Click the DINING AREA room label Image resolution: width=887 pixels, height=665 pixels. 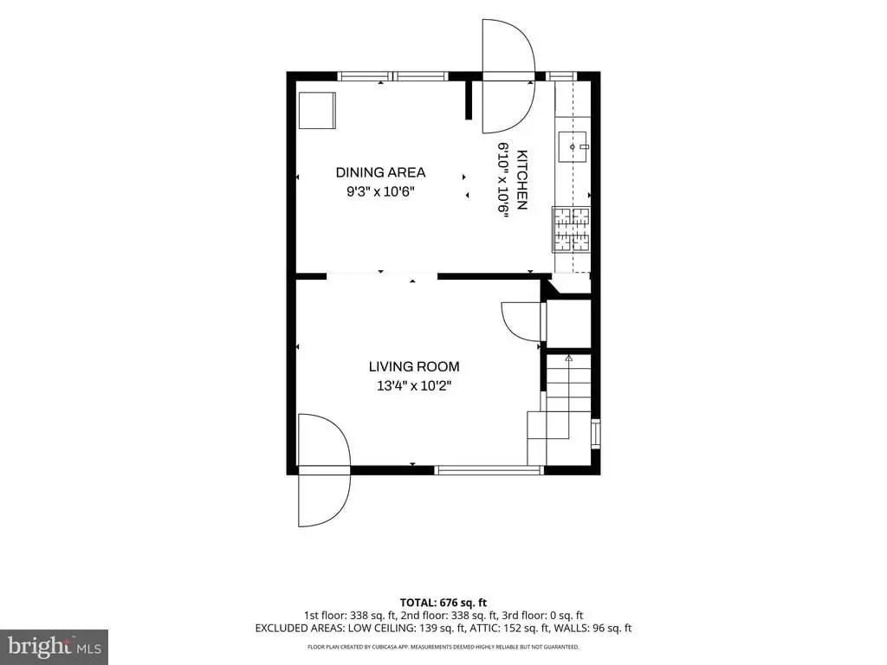(x=380, y=172)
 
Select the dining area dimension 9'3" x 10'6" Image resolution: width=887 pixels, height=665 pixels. (x=380, y=191)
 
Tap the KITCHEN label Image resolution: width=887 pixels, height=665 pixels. (x=522, y=180)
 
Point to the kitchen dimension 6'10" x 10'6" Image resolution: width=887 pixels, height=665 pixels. (x=503, y=178)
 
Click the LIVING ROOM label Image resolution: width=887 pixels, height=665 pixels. (x=414, y=366)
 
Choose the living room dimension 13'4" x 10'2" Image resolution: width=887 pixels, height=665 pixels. (x=414, y=386)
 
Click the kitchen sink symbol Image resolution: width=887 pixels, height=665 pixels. (x=573, y=147)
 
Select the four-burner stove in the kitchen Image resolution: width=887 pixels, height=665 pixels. (x=572, y=229)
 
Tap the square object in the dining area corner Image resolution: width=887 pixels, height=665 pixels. (x=317, y=111)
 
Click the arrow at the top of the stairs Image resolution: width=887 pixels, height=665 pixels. (x=568, y=358)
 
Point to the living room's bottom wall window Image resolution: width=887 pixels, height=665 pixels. (x=489, y=470)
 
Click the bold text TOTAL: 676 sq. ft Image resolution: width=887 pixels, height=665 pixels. (x=443, y=603)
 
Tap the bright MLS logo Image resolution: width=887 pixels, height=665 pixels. (x=55, y=647)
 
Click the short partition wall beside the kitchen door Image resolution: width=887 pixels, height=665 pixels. (x=469, y=100)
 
